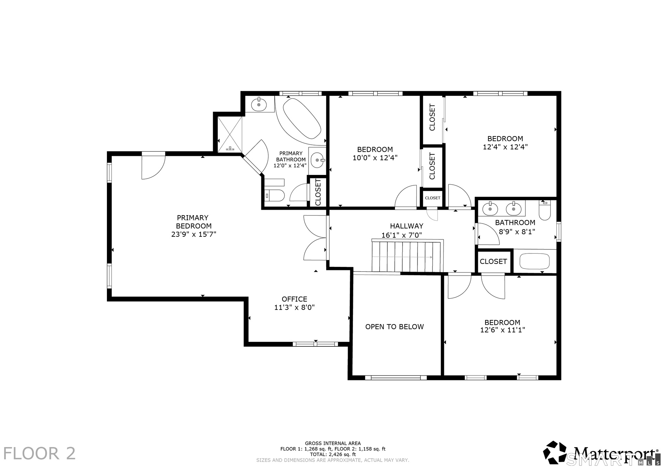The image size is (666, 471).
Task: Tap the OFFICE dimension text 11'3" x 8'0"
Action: [x=294, y=307]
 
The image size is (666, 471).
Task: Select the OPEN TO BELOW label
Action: [x=395, y=327]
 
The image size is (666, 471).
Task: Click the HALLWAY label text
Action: [x=406, y=226]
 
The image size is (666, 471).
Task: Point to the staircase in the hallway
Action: [x=407, y=256]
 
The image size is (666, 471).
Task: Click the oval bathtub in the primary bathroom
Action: [x=302, y=119]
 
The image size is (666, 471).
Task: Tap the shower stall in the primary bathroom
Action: [x=230, y=134]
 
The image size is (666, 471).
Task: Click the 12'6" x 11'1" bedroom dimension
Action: [x=502, y=330]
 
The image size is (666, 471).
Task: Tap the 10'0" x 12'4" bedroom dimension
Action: [x=375, y=158]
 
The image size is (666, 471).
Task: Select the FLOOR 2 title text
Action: [x=39, y=454]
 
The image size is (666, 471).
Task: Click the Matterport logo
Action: [x=601, y=453]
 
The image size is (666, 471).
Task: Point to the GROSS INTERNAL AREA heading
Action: [x=333, y=443]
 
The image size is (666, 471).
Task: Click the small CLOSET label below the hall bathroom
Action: [x=493, y=261]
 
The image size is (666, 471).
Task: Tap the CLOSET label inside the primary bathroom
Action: [x=318, y=192]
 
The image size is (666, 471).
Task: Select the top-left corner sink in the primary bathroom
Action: [x=259, y=103]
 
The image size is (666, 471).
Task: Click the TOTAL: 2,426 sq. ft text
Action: [x=333, y=454]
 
